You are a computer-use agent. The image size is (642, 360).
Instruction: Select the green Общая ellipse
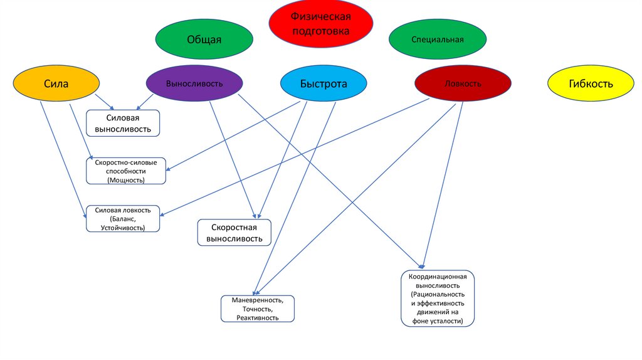[204, 40]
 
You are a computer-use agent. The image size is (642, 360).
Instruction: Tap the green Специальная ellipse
[437, 40]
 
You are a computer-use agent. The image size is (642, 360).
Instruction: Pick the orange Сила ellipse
[56, 83]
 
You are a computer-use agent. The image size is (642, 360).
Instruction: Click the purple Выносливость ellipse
[194, 83]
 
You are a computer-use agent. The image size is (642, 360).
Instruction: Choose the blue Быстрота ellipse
[323, 83]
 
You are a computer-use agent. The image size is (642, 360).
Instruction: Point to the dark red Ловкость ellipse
[463, 83]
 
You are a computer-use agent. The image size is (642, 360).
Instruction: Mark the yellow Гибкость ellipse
[591, 83]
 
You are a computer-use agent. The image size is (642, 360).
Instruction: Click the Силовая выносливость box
[123, 123]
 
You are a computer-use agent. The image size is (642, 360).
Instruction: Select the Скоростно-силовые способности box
[126, 171]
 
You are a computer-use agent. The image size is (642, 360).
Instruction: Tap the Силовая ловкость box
[123, 219]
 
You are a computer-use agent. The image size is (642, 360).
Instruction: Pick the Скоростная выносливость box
[234, 232]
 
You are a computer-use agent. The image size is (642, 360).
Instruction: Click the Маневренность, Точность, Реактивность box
[257, 309]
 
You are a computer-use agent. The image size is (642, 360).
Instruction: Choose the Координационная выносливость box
[438, 299]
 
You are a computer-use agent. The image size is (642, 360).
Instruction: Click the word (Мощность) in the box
[126, 180]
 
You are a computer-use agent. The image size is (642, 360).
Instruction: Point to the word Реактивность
[257, 318]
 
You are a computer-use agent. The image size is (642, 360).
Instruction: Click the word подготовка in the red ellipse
[321, 30]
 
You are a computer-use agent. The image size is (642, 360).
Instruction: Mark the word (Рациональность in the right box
[438, 294]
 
